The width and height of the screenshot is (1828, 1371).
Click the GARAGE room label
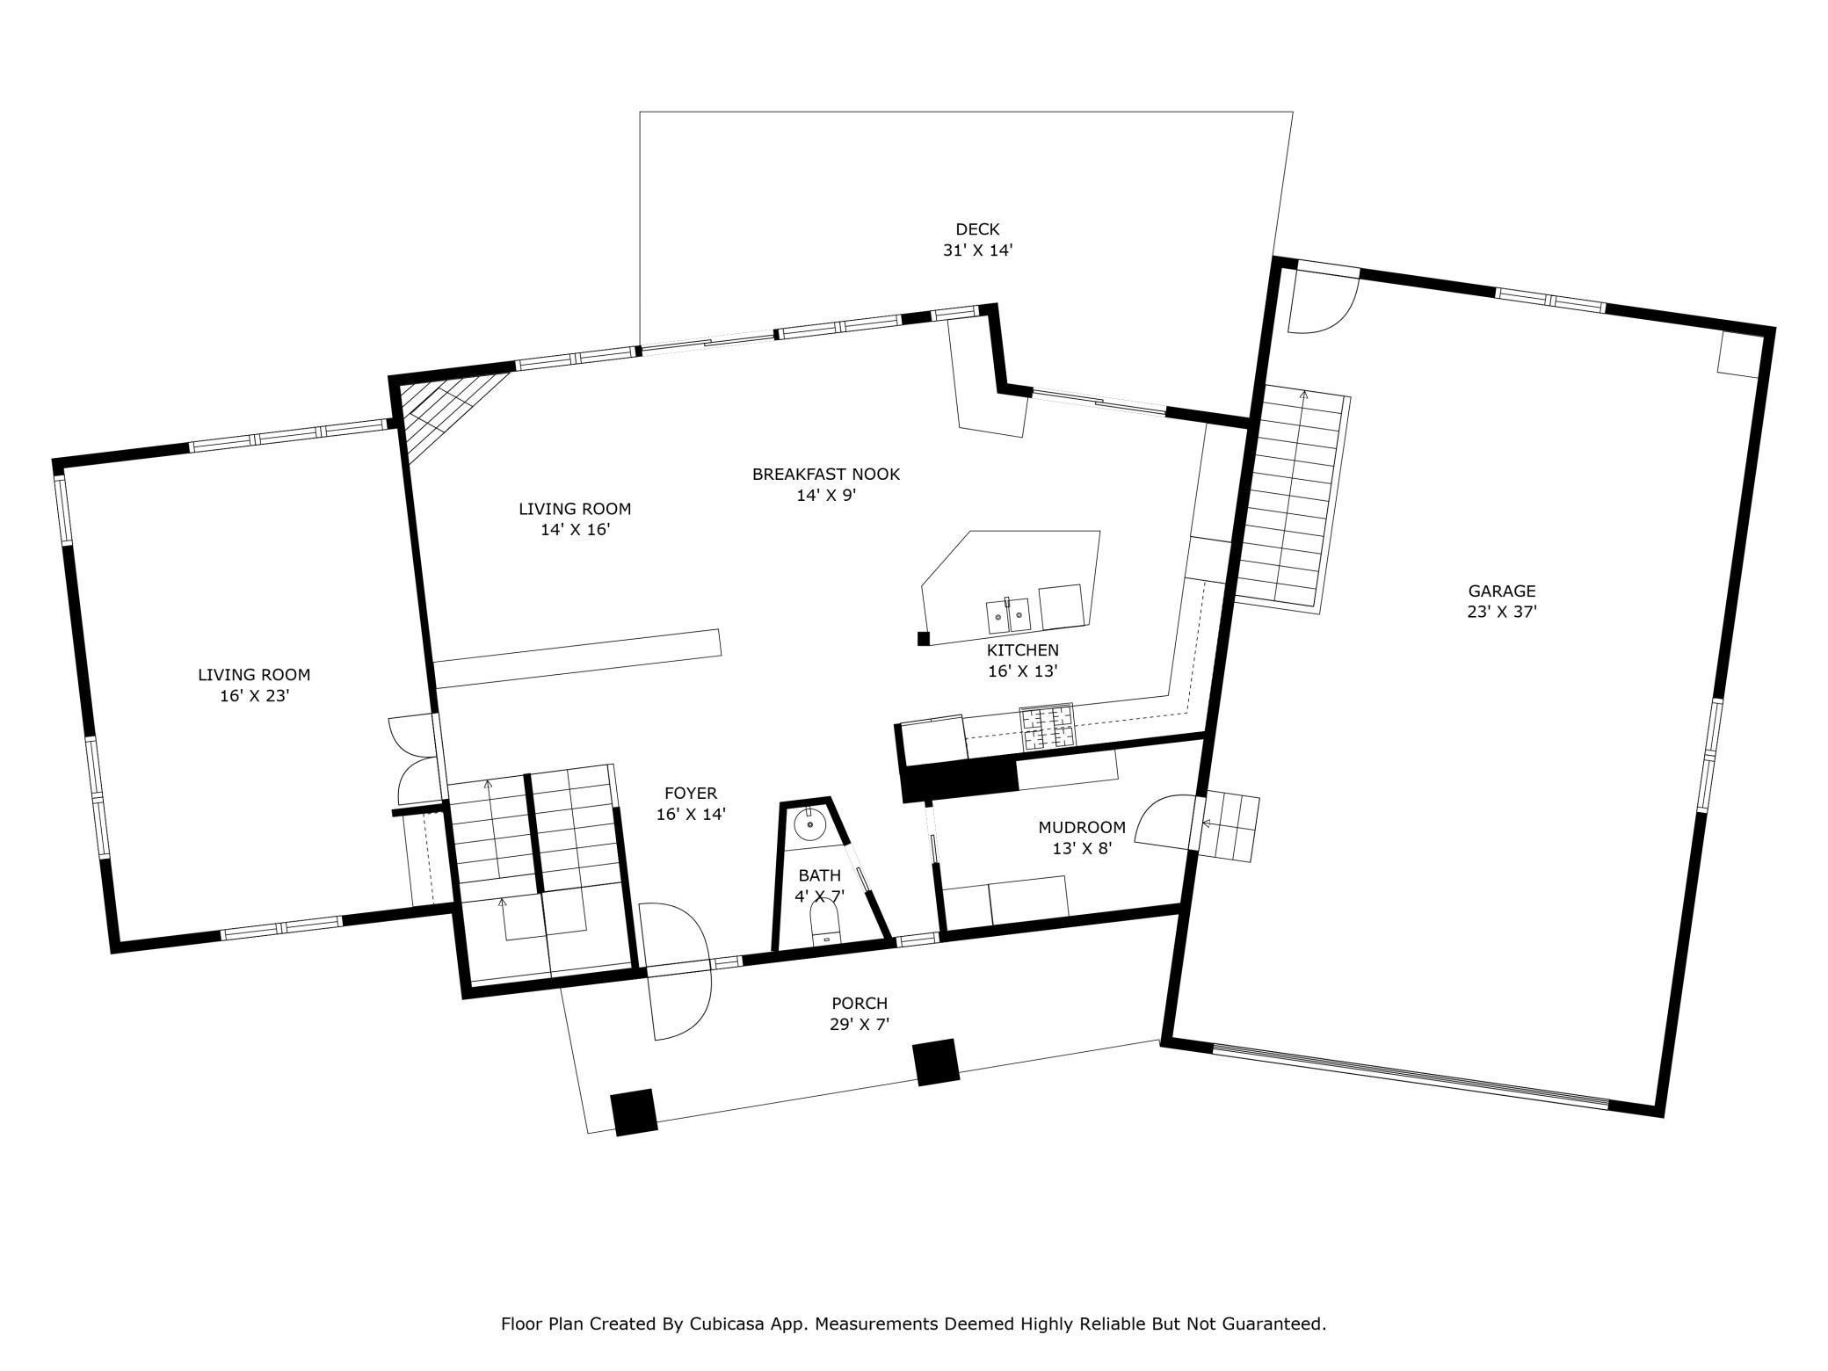[1501, 591]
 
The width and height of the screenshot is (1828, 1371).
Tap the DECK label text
[977, 229]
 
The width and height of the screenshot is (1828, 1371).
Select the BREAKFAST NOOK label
[826, 475]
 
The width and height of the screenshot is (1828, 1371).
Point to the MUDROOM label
[1082, 827]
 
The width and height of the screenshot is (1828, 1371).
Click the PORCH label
[860, 1003]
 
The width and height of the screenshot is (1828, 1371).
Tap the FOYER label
[691, 793]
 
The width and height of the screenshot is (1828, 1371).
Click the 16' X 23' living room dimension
[255, 696]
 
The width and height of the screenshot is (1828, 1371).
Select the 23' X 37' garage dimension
[1502, 613]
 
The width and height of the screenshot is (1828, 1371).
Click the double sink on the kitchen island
[1008, 615]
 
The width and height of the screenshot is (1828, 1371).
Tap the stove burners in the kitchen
[1047, 727]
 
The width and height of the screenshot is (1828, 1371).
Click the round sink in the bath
[809, 825]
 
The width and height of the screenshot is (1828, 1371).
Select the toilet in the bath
[824, 926]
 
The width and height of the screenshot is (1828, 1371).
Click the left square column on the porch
[635, 1112]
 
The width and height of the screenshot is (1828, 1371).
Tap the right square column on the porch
[936, 1063]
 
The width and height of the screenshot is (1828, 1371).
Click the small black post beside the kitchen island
[924, 639]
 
